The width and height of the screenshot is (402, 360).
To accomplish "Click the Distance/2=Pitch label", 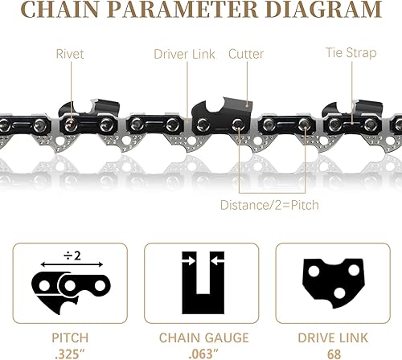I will (x=269, y=205).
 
